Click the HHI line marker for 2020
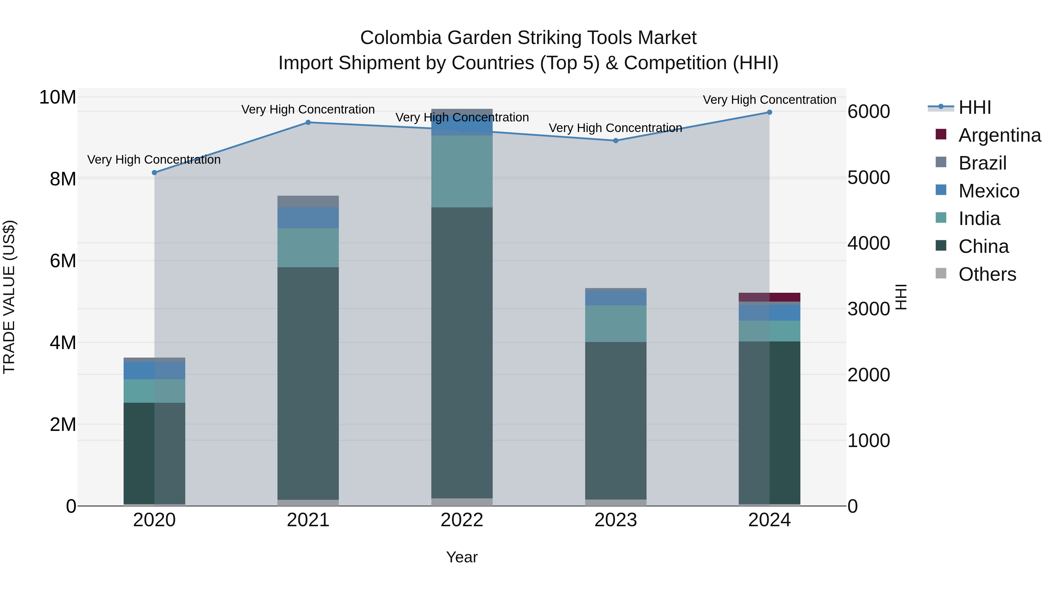tap(154, 172)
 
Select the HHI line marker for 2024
tap(769, 112)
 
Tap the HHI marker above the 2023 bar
tap(615, 141)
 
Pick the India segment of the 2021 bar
tap(308, 248)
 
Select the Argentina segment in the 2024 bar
tap(769, 297)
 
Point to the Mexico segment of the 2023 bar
tap(615, 298)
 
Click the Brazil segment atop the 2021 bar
tap(308, 202)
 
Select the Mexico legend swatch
tap(941, 190)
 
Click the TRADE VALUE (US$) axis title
tap(9, 297)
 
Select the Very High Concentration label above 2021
tap(308, 109)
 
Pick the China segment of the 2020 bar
tap(154, 453)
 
